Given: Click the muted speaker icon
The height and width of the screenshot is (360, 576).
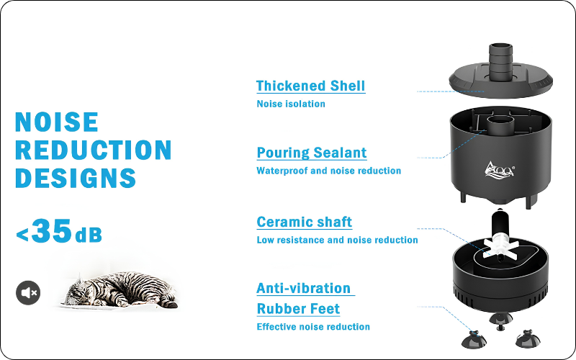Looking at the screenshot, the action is (28, 293).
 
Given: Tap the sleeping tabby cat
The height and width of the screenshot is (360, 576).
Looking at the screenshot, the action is (120, 289).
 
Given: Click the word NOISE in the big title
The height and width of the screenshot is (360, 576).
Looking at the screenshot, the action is (57, 122).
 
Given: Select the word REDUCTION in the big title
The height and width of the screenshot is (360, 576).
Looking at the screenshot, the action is (94, 150).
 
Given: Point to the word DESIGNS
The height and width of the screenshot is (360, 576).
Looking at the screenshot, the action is (76, 178).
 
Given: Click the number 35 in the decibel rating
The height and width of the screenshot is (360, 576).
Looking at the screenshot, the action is (51, 231).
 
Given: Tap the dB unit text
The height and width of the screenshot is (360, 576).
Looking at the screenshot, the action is (88, 235).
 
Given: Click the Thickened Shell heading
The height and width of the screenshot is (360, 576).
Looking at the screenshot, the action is (310, 86).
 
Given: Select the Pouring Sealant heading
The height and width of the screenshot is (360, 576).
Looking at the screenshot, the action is (312, 153).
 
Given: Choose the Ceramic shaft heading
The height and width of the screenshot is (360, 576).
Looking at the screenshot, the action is (304, 222).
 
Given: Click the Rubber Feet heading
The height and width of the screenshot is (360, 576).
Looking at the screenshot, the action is (298, 309).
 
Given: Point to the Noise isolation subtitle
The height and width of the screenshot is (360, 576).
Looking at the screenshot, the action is (291, 104).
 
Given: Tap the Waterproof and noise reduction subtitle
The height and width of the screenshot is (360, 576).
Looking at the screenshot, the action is (329, 171).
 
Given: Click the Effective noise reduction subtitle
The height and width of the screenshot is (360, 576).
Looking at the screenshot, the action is (313, 327).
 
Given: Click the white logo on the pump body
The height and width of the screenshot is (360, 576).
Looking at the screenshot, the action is (499, 170).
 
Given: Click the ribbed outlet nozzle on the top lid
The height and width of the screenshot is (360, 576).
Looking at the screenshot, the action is (500, 62).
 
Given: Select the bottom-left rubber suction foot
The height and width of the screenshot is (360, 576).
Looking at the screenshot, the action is (474, 340).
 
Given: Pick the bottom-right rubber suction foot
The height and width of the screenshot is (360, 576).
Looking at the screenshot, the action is (528, 339).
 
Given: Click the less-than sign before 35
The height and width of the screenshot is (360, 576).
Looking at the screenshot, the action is (22, 235).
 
